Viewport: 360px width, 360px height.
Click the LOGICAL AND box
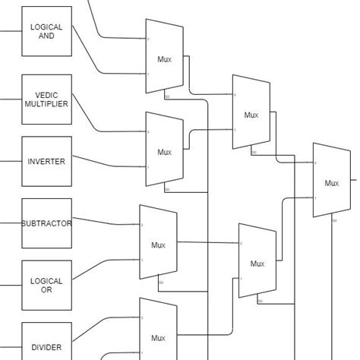coord(46,31)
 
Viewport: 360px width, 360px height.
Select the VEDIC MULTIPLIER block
coord(46,99)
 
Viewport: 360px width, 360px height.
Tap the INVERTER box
coord(46,161)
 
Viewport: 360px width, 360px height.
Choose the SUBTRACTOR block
coord(46,223)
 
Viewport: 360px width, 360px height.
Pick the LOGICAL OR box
coord(46,286)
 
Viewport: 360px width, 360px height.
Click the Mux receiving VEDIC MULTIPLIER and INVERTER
coord(164,151)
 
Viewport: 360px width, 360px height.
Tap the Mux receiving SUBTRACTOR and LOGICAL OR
coord(158,245)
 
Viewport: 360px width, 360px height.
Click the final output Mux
coord(331,182)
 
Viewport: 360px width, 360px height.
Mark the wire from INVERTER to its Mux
coord(106,165)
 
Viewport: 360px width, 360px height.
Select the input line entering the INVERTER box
coord(11,161)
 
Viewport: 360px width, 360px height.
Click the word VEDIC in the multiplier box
coord(46,93)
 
